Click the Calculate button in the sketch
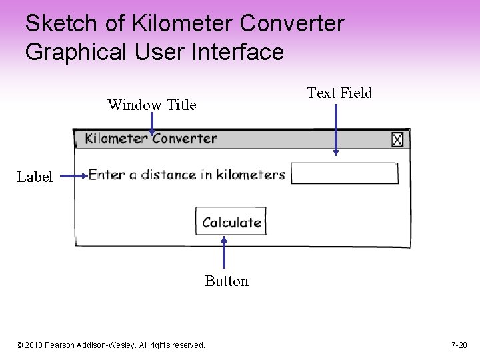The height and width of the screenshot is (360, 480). (231, 222)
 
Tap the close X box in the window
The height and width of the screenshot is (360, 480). (397, 139)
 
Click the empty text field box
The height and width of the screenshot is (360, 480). (345, 173)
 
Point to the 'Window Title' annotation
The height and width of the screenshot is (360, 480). (152, 105)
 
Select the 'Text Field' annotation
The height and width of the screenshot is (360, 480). (339, 93)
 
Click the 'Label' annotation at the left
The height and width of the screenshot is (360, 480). (35, 177)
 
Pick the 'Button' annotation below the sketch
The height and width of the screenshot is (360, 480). (227, 281)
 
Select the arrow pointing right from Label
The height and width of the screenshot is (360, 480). (73, 176)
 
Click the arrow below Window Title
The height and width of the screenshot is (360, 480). (152, 124)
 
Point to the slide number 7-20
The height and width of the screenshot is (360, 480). (459, 345)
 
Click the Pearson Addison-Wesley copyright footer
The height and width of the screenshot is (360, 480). (111, 345)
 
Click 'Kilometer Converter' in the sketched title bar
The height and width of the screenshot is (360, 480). (151, 139)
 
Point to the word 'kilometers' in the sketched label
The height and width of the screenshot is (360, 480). (251, 175)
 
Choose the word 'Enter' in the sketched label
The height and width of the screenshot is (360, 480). (107, 175)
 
